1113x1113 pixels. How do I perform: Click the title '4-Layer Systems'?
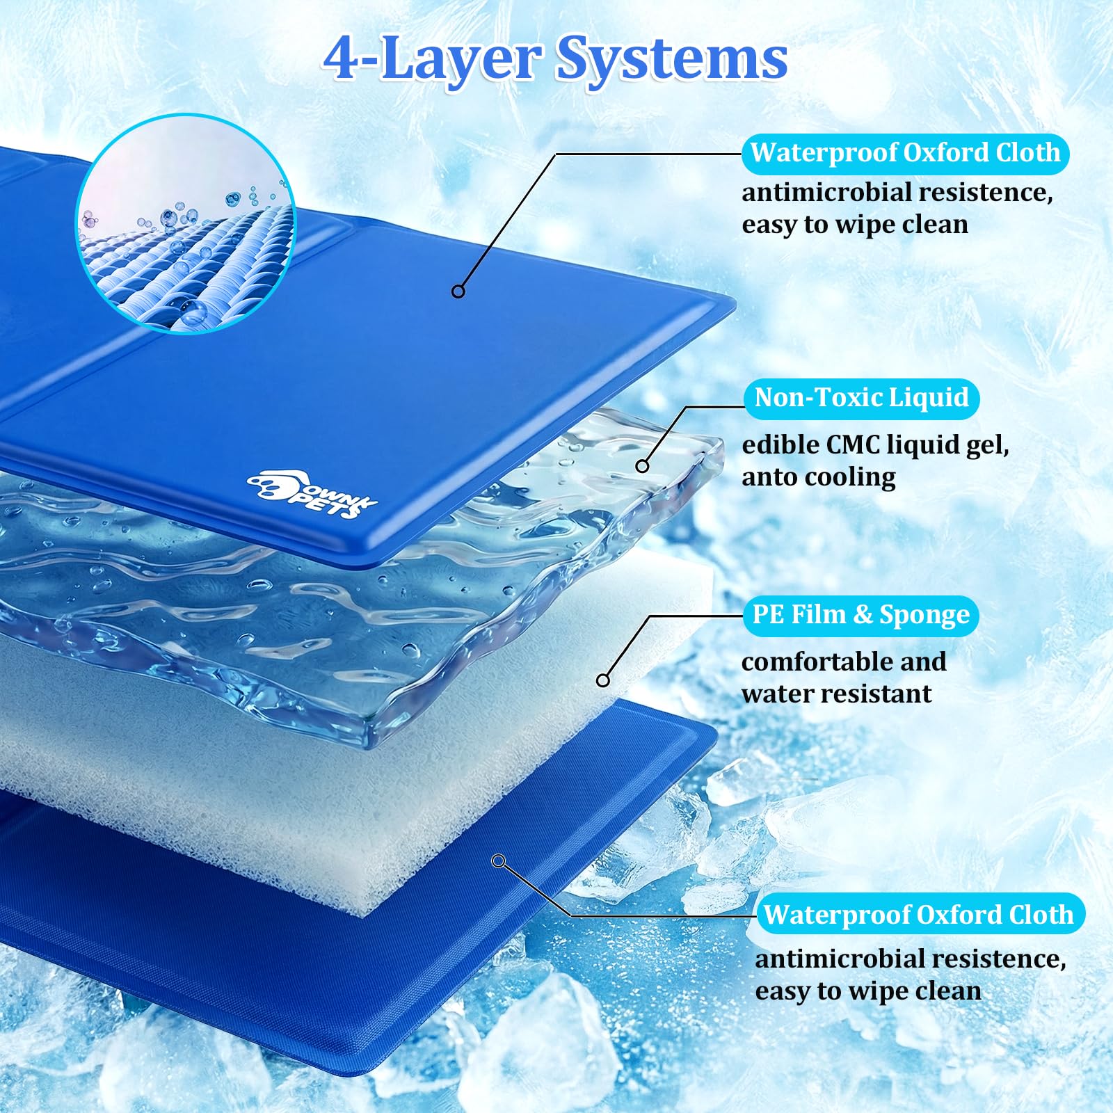555,59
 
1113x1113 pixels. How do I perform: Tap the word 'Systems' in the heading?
672,59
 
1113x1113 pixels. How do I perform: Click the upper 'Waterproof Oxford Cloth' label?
905,154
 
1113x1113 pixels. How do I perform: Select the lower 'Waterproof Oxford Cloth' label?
919,915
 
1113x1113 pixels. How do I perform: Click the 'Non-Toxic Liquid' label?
861,399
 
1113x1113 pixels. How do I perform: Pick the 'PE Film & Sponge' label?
861,616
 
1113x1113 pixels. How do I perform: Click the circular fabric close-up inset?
186,223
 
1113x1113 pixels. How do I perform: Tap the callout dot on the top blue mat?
458,291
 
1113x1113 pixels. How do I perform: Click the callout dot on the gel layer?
643,466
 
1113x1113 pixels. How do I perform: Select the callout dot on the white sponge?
603,680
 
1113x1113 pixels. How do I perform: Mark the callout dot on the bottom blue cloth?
498,861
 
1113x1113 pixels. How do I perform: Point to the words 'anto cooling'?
819,478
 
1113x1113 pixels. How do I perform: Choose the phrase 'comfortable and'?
844,662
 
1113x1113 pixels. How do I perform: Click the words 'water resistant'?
836,694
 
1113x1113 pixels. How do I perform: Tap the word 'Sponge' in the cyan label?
924,616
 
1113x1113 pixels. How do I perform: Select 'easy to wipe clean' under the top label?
855,225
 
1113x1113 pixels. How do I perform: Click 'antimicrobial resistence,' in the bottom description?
911,959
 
